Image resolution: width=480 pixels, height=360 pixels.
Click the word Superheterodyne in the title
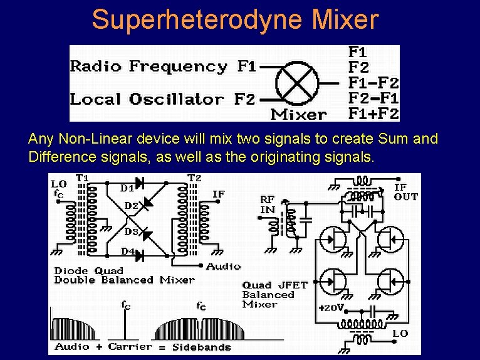(169, 19)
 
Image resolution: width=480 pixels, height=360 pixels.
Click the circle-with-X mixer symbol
(297, 83)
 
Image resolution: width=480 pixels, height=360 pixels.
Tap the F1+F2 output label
(373, 114)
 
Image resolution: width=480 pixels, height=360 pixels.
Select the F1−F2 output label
(373, 82)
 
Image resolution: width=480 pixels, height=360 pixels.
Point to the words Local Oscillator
(147, 99)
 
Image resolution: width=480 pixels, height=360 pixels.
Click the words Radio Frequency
(149, 66)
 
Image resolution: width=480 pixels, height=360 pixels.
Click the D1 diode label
(127, 188)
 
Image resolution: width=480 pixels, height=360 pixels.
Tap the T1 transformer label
(82, 178)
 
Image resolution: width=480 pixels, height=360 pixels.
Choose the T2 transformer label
(195, 178)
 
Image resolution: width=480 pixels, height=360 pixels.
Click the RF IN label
(268, 204)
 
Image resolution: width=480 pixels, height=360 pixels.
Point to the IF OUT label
(405, 192)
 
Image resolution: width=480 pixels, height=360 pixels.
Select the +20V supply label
(331, 308)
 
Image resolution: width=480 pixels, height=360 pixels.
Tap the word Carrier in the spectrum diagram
(130, 346)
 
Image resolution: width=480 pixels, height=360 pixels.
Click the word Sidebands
(203, 347)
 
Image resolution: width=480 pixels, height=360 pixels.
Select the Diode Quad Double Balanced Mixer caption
(124, 275)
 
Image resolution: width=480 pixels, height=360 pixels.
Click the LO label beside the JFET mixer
(400, 334)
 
